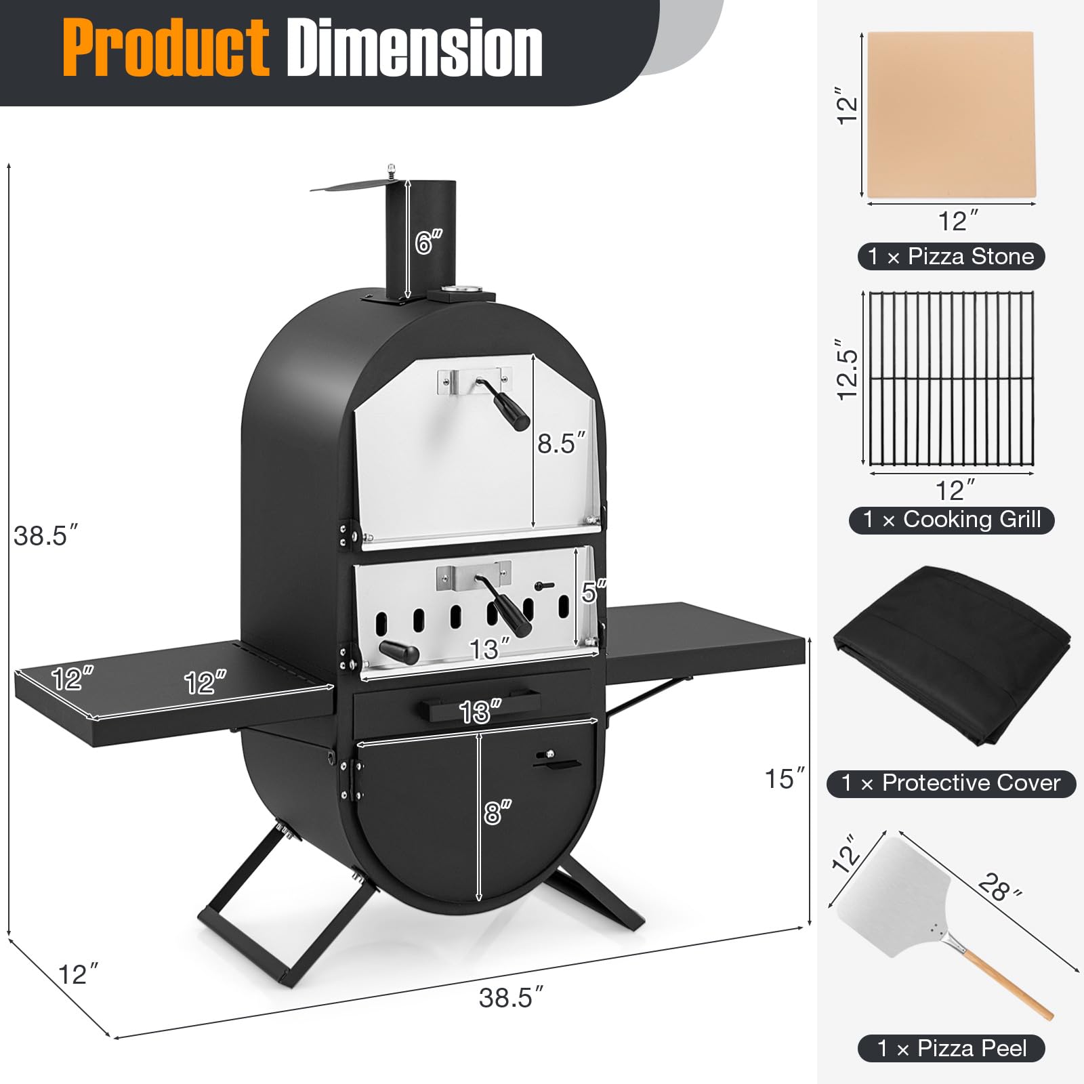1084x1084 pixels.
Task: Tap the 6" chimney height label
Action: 428,242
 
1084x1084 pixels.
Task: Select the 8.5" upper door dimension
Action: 560,444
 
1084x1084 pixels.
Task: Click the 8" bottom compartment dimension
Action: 497,812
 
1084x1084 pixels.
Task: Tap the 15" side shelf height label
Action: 785,778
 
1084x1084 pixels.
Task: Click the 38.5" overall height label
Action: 45,535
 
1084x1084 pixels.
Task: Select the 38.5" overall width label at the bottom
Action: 511,998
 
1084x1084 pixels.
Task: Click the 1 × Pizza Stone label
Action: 951,256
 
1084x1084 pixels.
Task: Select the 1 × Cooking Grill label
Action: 951,520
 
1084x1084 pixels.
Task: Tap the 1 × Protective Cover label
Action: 951,783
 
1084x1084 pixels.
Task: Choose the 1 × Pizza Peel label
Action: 951,1048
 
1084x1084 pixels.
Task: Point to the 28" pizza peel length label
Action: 1000,887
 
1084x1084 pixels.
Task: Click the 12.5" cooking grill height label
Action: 848,369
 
